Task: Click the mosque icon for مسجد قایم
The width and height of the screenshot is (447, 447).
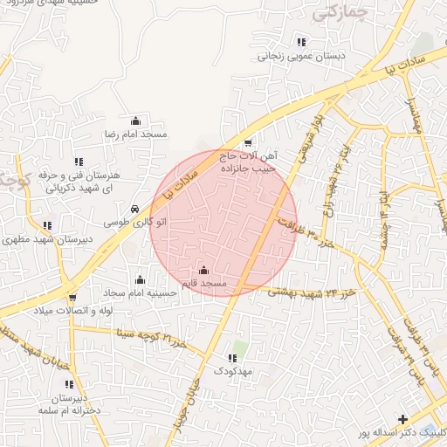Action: click(204, 271)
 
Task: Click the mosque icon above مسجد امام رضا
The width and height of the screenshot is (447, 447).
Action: click(135, 121)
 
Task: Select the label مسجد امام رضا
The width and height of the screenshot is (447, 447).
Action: click(135, 134)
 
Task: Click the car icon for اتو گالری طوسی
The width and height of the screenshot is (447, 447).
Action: click(134, 210)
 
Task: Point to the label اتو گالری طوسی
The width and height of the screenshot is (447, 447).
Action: click(131, 223)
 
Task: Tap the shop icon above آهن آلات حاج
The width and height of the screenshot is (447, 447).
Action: click(248, 143)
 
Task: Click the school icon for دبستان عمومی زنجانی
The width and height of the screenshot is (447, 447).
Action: click(301, 42)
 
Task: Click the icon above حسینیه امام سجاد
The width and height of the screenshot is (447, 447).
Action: click(140, 279)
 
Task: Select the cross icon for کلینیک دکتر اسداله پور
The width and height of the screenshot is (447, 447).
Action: click(402, 419)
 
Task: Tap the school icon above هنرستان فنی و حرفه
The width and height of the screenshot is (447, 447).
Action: click(79, 162)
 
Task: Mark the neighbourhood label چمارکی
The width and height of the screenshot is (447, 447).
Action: click(338, 13)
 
